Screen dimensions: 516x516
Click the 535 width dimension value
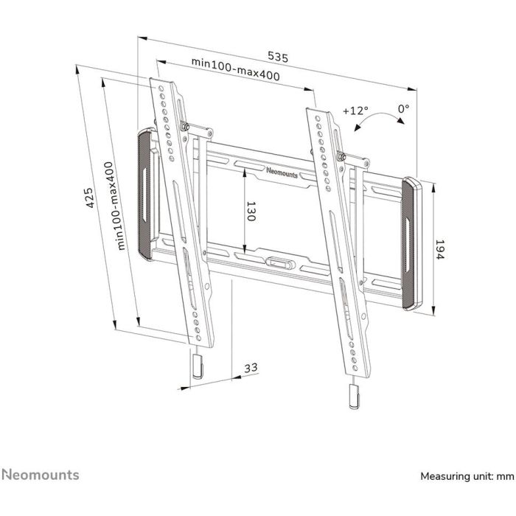277,56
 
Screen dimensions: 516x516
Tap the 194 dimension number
439,252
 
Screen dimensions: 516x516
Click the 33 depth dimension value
251,367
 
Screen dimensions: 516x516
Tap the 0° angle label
403,109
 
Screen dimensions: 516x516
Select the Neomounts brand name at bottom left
41,475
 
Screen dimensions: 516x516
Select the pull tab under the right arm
354,396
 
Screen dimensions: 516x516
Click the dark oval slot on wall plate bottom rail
279,261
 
